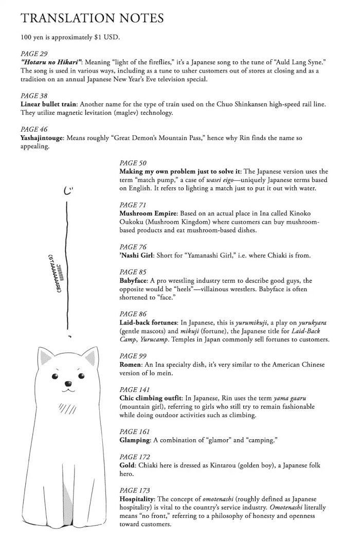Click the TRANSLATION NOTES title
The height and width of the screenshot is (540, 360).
point(93,18)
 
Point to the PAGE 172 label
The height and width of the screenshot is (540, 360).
point(135,457)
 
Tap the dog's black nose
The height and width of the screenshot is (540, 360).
point(66,383)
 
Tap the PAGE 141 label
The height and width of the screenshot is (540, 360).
point(135,389)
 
